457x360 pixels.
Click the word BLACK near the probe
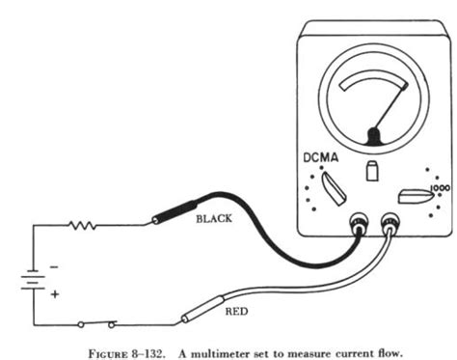(x=214, y=219)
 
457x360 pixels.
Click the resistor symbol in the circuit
(x=81, y=225)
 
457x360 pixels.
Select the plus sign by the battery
(x=54, y=293)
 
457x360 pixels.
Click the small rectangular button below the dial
(x=371, y=170)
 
